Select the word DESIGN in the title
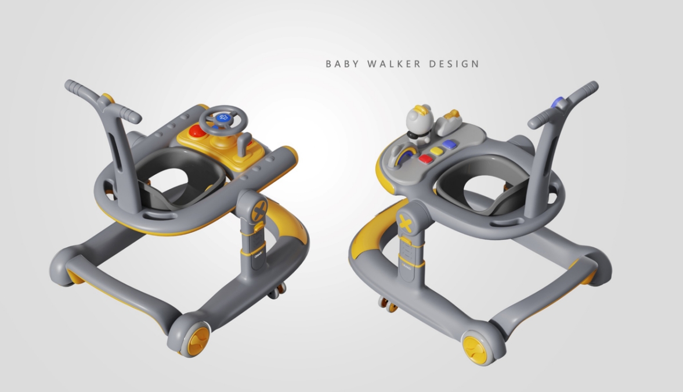click(454, 64)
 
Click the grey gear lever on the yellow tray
click(245, 142)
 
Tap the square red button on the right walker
click(425, 159)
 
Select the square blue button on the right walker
click(449, 144)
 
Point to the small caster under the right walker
click(387, 304)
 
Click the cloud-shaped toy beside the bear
click(447, 120)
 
